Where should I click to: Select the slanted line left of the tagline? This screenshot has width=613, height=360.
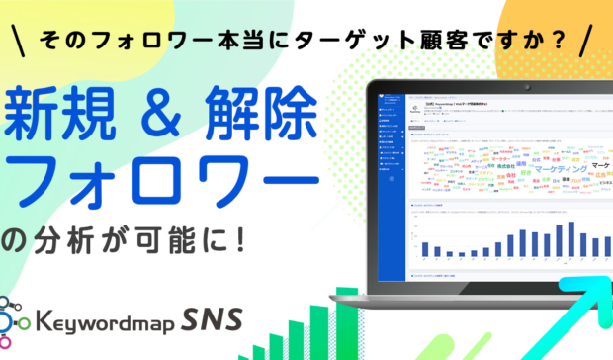(x=21, y=45)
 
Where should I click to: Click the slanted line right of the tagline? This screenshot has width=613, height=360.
(x=589, y=45)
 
